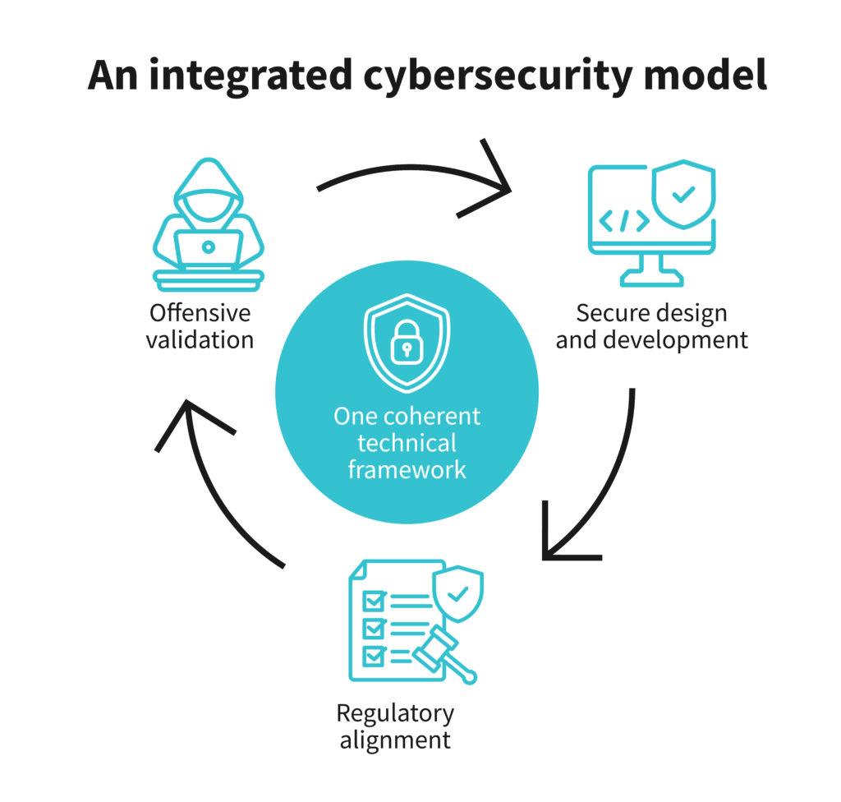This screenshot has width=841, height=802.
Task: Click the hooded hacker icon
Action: pos(209,224)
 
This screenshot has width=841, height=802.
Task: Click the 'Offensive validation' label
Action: pos(200,326)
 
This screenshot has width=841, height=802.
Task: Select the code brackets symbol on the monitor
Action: pos(624,220)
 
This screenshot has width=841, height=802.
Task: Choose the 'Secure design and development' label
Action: pos(652,326)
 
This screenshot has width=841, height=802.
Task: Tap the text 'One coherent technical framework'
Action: pos(407,443)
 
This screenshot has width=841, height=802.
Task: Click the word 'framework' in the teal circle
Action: pos(407,470)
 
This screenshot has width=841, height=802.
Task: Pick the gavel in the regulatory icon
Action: pos(443,656)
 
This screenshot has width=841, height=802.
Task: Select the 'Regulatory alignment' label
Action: pos(394,725)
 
